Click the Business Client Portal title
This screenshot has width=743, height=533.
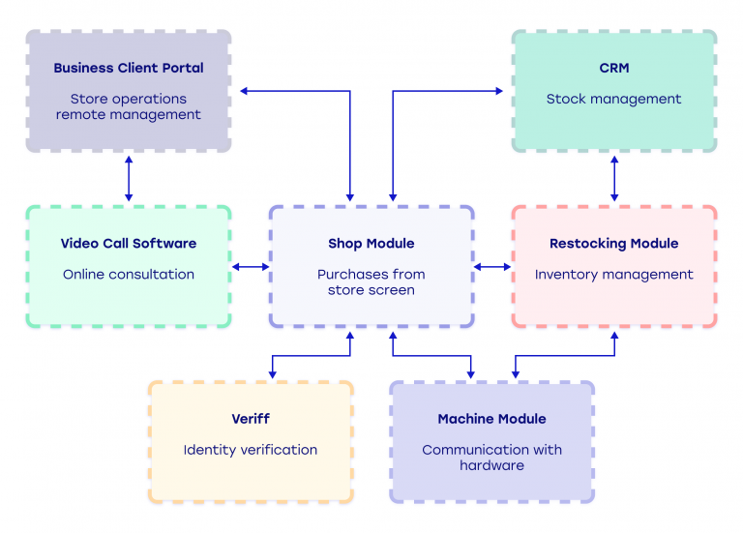click(129, 69)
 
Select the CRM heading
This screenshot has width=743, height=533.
click(613, 69)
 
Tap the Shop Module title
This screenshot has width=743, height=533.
click(371, 244)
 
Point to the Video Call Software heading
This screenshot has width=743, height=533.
click(129, 244)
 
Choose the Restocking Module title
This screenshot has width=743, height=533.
click(613, 244)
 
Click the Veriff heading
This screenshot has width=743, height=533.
click(251, 419)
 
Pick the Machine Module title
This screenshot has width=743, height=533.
click(491, 419)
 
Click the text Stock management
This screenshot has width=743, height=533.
click(613, 99)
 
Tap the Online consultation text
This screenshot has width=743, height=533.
click(129, 275)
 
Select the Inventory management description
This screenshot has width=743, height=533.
click(613, 275)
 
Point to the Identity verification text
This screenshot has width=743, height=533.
click(251, 450)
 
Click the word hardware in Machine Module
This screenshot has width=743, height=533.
click(491, 465)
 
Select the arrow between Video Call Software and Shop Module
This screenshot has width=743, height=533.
click(251, 267)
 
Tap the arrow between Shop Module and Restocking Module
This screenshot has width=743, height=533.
click(492, 267)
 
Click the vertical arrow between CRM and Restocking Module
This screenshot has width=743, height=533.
click(613, 179)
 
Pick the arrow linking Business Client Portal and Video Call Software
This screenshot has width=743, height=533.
click(129, 179)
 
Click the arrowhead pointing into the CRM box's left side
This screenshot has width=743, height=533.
click(499, 92)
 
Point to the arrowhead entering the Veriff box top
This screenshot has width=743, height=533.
click(272, 374)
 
